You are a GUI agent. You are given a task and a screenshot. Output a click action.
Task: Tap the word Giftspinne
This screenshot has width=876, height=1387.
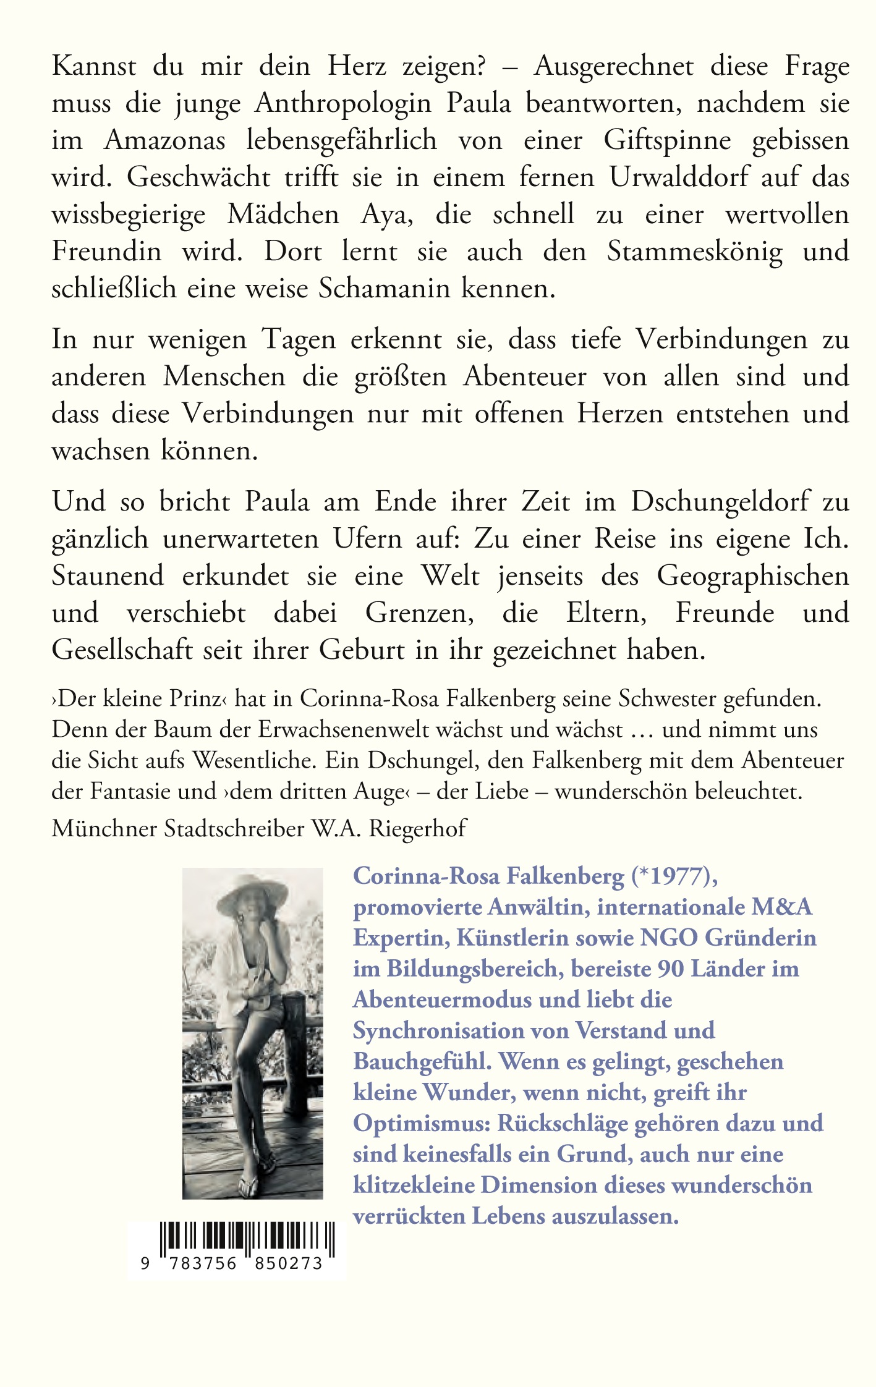click(x=668, y=141)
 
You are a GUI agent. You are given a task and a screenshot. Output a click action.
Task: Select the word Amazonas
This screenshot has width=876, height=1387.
click(x=164, y=141)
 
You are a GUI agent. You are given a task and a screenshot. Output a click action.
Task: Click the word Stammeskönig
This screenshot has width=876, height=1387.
click(x=694, y=252)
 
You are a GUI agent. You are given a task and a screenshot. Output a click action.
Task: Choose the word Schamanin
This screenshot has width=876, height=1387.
click(x=384, y=289)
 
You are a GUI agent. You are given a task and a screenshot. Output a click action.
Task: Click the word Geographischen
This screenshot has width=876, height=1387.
click(x=752, y=576)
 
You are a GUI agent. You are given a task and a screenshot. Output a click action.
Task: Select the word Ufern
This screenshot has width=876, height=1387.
click(x=368, y=539)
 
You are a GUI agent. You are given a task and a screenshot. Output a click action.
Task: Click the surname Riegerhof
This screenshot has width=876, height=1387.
click(x=418, y=828)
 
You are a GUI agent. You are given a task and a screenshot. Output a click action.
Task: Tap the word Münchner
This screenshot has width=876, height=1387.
click(x=104, y=828)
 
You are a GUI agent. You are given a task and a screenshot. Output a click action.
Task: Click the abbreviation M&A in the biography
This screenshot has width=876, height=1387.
click(x=781, y=907)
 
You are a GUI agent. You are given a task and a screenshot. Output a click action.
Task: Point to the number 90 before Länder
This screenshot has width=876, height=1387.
click(x=671, y=969)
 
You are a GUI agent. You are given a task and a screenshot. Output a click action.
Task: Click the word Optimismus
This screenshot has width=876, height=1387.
click(x=422, y=1124)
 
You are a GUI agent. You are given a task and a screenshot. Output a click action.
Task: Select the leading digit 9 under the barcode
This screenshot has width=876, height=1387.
click(x=145, y=1263)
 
